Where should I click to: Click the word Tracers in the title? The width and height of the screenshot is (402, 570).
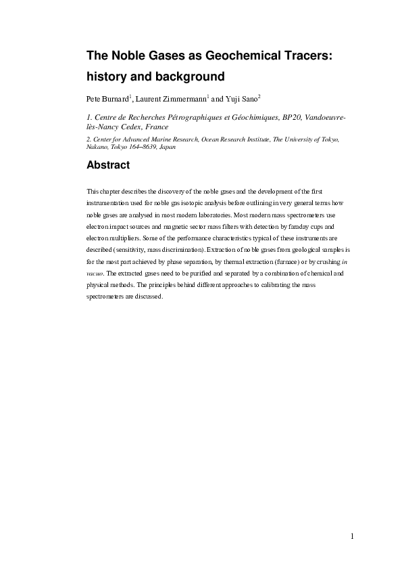302,55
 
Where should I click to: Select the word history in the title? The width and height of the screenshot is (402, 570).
111,74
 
